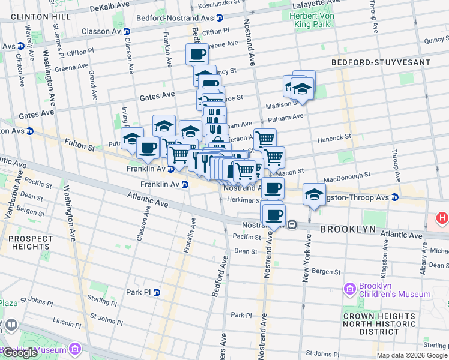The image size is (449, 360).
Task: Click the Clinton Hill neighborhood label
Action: click(35, 16)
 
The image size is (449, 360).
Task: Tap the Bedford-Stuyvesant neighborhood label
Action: click(381, 62)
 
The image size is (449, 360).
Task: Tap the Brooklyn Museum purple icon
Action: click(74, 349)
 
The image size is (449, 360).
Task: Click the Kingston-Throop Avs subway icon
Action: click(395, 197)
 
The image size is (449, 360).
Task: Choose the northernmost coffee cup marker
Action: click(197, 55)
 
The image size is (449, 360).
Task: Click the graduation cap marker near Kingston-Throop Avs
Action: click(314, 194)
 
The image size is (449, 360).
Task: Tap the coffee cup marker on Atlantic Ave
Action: click(274, 214)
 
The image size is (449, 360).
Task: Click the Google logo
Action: click(20, 353)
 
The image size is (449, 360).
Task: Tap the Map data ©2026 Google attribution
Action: click(412, 355)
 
